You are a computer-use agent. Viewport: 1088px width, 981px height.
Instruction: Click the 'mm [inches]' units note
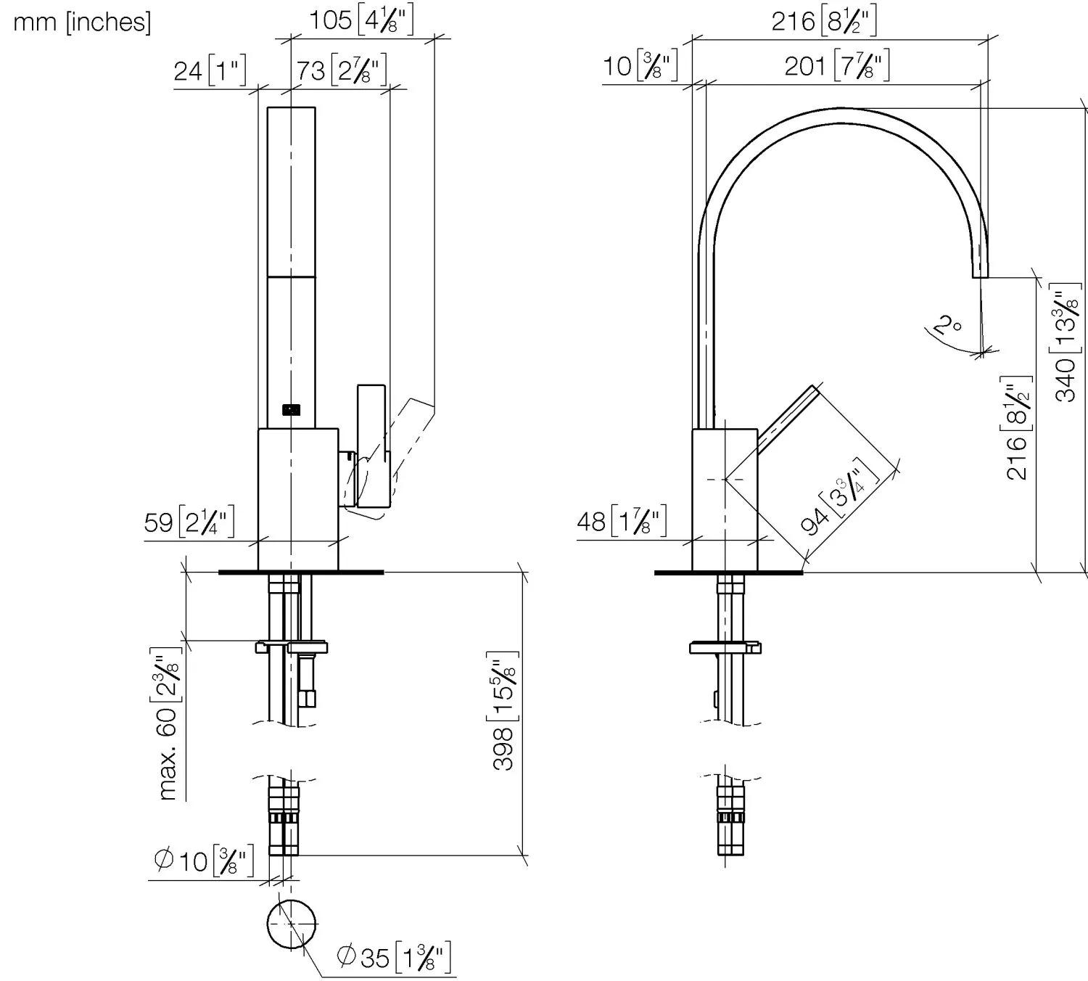click(83, 22)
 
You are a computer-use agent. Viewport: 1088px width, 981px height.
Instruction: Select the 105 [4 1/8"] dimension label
click(361, 21)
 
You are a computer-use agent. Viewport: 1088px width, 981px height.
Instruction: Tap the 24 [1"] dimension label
click(210, 70)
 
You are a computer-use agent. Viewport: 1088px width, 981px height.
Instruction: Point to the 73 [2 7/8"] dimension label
click(341, 70)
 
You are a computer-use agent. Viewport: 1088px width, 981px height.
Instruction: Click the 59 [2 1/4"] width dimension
click(189, 522)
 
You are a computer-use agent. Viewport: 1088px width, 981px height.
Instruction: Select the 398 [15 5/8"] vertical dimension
click(504, 711)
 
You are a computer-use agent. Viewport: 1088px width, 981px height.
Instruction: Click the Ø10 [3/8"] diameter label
click(204, 861)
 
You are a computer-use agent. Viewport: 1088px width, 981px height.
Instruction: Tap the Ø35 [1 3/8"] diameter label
click(394, 957)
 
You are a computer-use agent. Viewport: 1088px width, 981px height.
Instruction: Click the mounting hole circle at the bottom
click(292, 900)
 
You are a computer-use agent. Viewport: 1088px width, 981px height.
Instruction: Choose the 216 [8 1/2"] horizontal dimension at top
click(824, 21)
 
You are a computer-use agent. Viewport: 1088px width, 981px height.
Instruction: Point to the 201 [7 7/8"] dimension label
click(837, 66)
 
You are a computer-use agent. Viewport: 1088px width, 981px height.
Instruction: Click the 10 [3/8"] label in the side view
click(640, 65)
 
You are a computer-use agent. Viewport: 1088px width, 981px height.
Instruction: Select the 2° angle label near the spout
click(947, 325)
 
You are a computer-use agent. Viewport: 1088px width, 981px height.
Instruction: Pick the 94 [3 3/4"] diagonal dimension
click(839, 497)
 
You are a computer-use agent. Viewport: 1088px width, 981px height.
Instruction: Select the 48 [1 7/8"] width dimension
click(622, 522)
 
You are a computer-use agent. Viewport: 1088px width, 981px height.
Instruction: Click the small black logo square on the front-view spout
click(292, 410)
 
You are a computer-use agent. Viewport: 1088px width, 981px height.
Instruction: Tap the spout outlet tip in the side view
click(980, 276)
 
